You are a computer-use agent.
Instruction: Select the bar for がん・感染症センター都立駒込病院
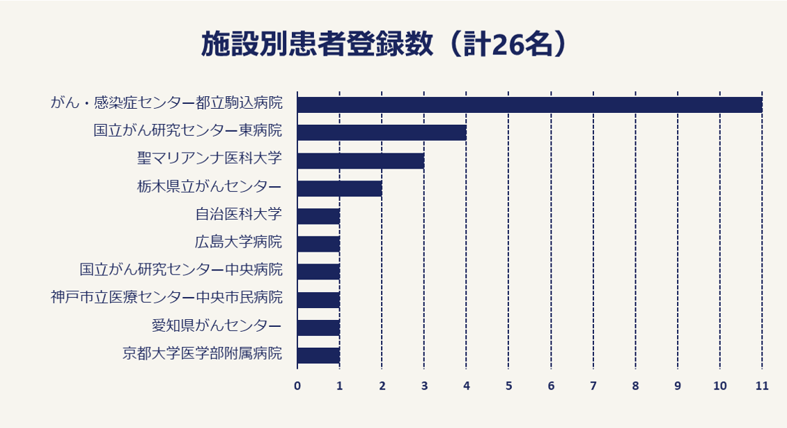[x=529, y=105]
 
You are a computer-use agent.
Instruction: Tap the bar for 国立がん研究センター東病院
[x=382, y=132]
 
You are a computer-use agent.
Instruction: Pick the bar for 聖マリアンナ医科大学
[x=360, y=160]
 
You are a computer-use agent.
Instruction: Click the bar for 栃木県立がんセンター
[x=339, y=188]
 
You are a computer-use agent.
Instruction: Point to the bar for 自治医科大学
[x=318, y=216]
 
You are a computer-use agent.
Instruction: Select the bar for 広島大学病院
[x=318, y=244]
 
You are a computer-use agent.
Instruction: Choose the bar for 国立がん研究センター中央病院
[x=318, y=272]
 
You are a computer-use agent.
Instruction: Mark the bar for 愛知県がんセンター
[x=318, y=328]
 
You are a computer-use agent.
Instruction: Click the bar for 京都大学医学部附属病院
[x=318, y=356]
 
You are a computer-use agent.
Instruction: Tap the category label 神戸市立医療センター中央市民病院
[x=166, y=298]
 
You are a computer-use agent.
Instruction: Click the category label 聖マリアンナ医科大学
[x=210, y=158]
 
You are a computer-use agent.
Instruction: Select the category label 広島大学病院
[x=238, y=242]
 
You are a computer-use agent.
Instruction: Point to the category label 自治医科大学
[x=238, y=214]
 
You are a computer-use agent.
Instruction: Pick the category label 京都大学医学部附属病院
[x=202, y=353]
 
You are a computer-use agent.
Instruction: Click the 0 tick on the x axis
[x=297, y=385]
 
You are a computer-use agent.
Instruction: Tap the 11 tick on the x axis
[x=762, y=385]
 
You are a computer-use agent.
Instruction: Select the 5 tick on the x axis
[x=508, y=385]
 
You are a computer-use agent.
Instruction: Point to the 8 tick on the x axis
[x=635, y=385]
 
